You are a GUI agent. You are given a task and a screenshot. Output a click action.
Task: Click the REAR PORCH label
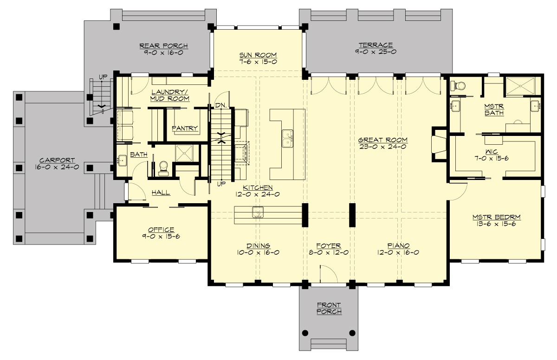163,45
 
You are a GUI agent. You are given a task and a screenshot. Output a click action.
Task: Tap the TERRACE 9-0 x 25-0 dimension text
376,52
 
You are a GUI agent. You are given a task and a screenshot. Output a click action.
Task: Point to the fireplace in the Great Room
438,144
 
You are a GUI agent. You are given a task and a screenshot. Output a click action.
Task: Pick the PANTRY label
185,129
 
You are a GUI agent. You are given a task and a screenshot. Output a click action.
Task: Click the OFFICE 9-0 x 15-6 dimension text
161,237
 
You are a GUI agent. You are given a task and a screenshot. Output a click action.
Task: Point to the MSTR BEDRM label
496,217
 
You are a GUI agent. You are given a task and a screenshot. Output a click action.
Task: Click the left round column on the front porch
305,333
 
